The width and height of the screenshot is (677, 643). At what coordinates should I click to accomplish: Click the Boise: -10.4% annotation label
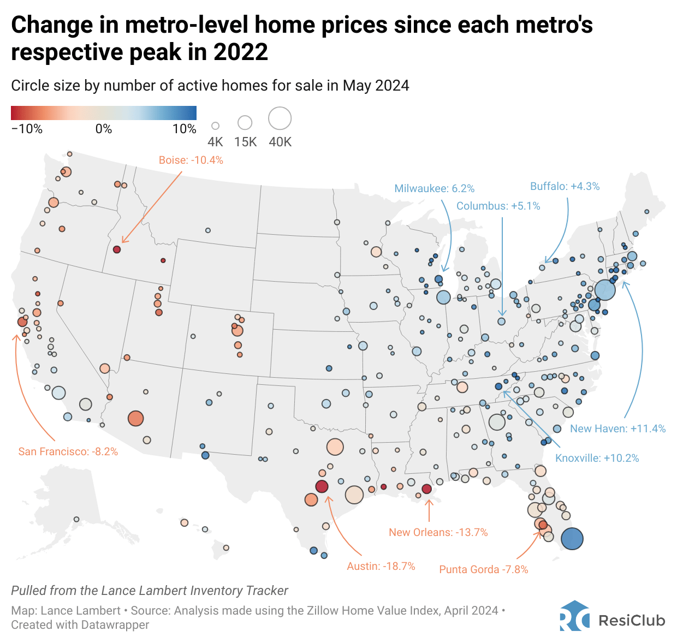coord(191,160)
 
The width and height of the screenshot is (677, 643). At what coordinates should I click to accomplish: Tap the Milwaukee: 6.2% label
coord(434,188)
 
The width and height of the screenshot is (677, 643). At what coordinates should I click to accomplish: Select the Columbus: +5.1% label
coord(498,206)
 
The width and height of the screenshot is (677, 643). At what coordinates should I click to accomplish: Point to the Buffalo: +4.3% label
coord(565,186)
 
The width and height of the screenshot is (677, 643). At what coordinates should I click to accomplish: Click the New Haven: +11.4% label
coord(617,428)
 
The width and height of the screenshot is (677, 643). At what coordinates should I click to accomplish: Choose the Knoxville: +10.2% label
coord(597,458)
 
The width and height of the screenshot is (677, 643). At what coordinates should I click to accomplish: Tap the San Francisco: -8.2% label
coord(68,451)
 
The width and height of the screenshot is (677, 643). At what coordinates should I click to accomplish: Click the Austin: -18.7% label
coord(381,566)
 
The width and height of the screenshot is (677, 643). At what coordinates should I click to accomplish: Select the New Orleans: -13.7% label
coord(438,532)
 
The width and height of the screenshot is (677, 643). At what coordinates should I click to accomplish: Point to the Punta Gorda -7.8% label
coord(484,569)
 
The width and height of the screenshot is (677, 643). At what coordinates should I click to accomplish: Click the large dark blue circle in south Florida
coord(572,539)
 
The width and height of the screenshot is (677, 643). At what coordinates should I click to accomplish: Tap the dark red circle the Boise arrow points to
coord(116,249)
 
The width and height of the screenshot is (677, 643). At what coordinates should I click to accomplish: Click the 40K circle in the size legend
coord(280,118)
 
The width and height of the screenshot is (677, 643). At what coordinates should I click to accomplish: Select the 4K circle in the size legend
coord(215,126)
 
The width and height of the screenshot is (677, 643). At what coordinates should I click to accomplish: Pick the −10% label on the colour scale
coord(27,129)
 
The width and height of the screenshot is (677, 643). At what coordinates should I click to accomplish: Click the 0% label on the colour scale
coord(103,129)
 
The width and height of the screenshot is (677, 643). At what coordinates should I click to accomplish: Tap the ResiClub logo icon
coord(574,616)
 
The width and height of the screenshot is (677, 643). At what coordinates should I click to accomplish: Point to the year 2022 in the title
coord(241,52)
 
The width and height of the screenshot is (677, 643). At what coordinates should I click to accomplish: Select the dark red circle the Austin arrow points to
coord(322,486)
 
